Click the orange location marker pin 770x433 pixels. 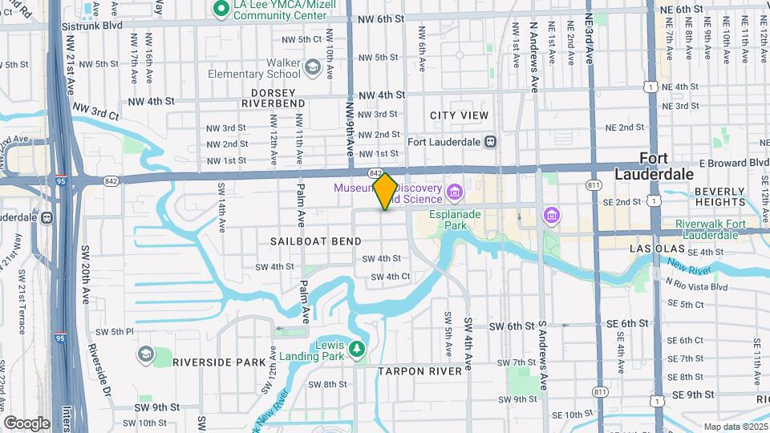pos(385,191)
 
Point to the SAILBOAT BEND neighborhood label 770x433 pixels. pos(315,241)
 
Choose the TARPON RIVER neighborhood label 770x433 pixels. pos(419,371)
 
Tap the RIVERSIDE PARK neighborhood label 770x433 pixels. pos(218,362)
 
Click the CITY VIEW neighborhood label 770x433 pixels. pos(459,115)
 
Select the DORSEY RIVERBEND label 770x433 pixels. pos(273,98)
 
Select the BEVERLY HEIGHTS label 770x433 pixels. pos(720,196)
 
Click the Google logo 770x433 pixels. pos(26,423)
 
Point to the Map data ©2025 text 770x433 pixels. pos(735,427)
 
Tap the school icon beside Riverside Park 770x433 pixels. pos(145,354)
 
